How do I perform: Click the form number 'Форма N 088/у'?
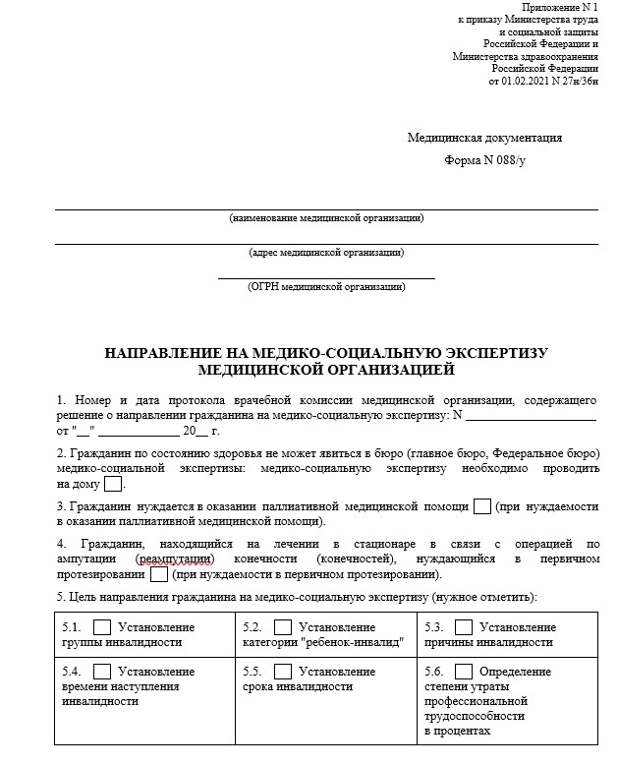pos(484,159)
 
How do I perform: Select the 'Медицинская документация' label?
pos(484,138)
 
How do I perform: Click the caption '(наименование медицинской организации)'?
pos(326,217)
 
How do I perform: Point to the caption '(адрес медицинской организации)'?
pos(326,252)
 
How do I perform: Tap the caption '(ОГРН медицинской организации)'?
pos(326,286)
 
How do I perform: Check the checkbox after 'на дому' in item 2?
pos(113,484)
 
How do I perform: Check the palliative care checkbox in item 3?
pos(481,506)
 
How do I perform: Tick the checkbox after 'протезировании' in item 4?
pos(158,574)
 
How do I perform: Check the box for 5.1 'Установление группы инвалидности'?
pos(101,627)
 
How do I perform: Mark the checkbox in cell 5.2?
pos(283,627)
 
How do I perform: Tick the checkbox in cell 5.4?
pos(101,672)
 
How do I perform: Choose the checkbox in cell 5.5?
pos(283,672)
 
